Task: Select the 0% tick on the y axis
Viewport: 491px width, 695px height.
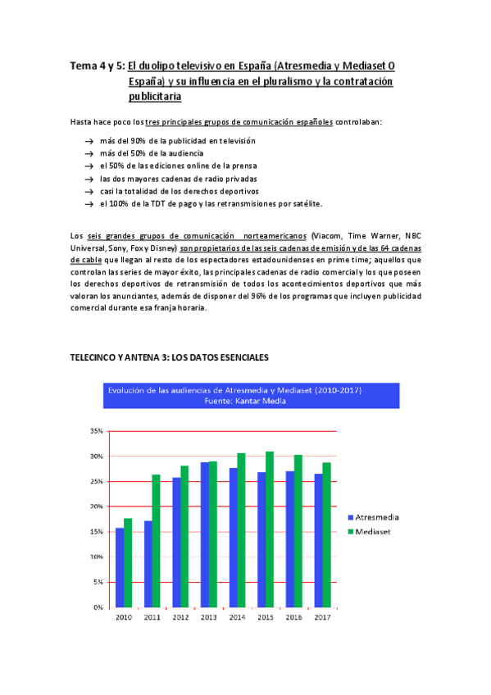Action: click(97, 607)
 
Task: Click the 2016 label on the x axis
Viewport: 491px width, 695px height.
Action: click(293, 617)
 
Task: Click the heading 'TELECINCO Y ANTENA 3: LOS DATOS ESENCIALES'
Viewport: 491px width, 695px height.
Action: click(169, 358)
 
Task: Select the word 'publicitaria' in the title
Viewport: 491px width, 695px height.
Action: click(155, 96)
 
